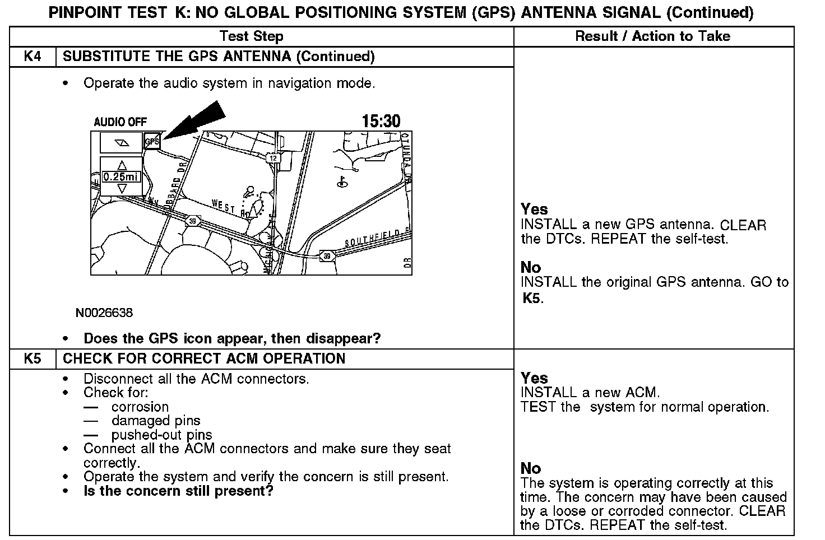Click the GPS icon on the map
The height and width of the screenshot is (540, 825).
[152, 142]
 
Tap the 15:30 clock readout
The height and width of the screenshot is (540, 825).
[381, 121]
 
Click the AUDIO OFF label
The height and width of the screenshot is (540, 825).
[120, 122]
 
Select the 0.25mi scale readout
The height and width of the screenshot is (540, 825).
[121, 177]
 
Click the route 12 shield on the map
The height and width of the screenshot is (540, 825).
[273, 159]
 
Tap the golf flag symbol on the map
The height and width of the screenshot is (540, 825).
[340, 181]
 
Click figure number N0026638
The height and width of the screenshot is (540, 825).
[104, 313]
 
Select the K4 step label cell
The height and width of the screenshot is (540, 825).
[33, 57]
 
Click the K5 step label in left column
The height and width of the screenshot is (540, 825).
[33, 359]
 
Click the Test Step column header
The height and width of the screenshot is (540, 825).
[251, 36]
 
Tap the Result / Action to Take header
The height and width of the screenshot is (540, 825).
[652, 36]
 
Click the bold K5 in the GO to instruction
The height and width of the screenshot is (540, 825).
[532, 297]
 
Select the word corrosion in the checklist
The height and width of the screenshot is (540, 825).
[140, 407]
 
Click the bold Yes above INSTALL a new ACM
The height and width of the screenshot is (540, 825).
[534, 378]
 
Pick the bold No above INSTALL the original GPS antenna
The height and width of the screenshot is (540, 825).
[531, 267]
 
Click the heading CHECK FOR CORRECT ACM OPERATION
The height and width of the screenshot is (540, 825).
[204, 359]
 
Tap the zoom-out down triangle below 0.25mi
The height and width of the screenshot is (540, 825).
[122, 189]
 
